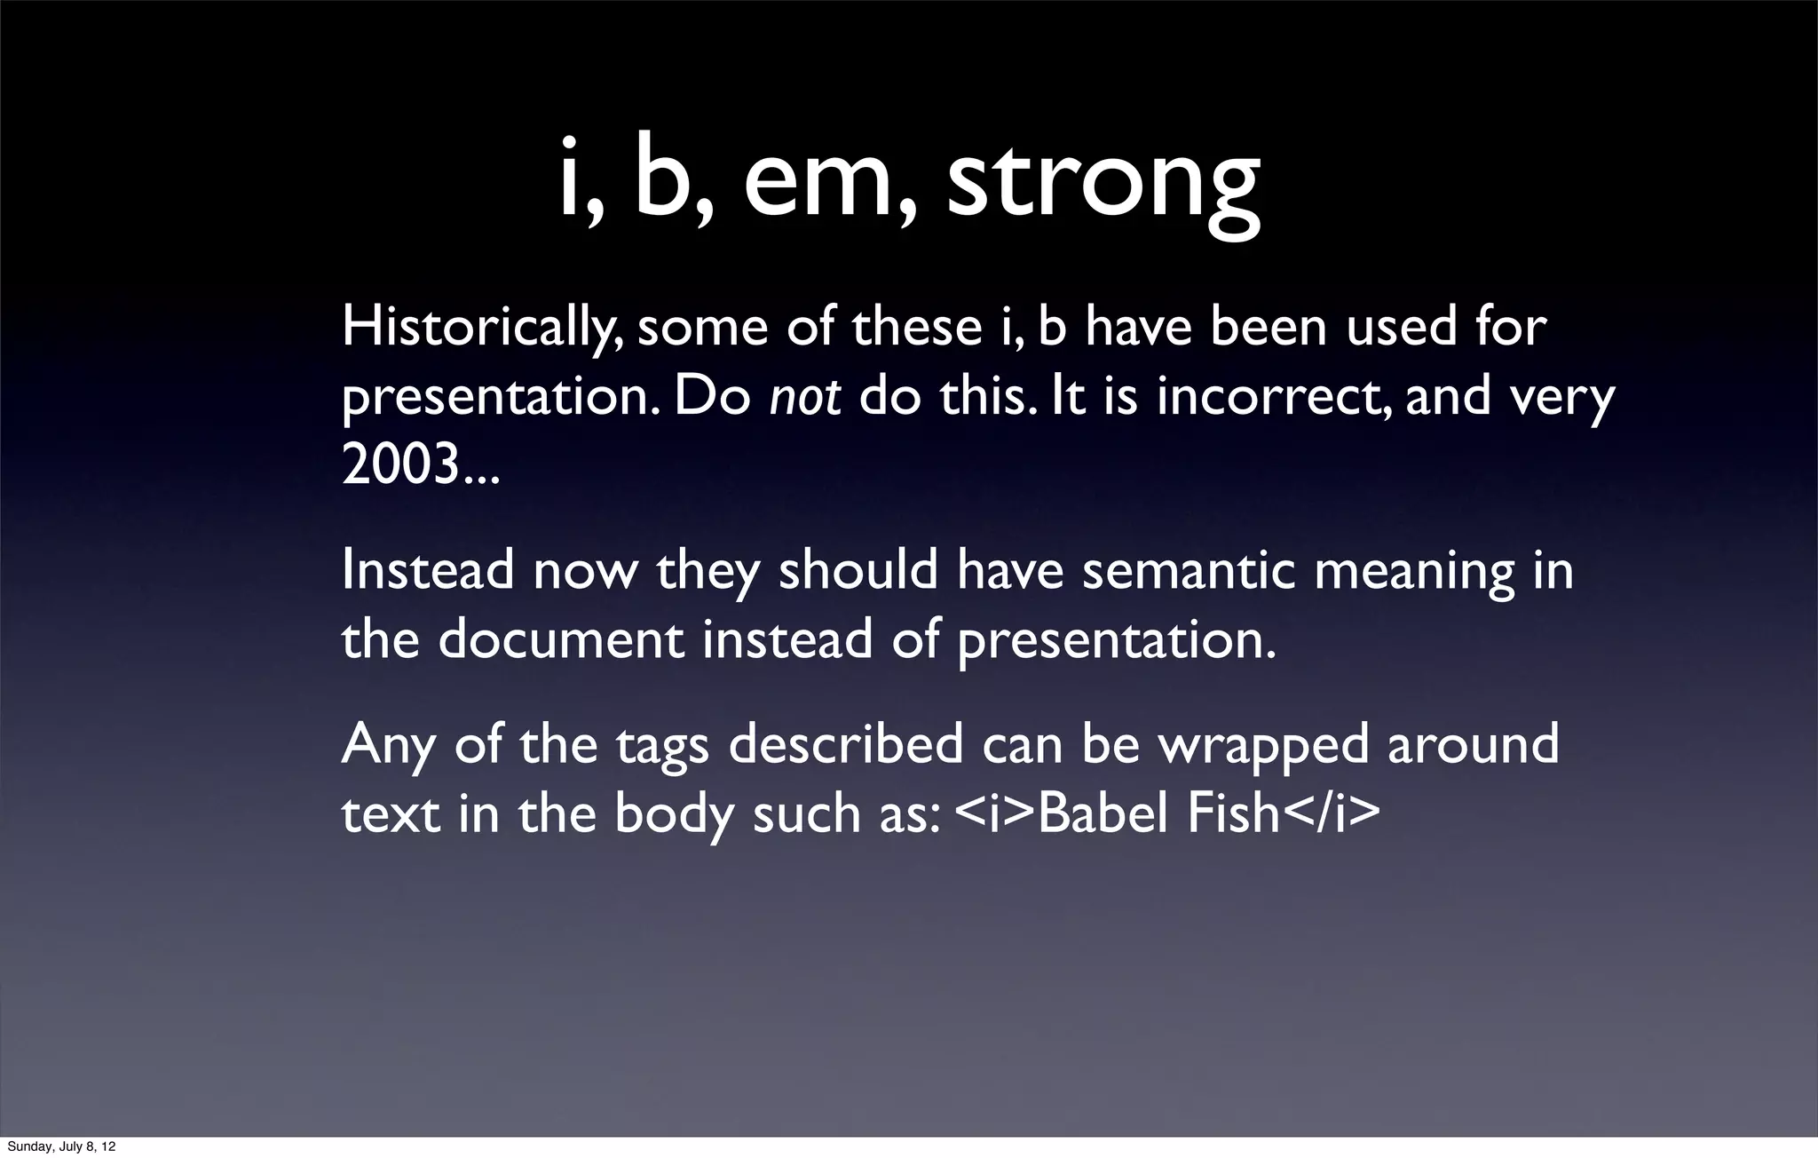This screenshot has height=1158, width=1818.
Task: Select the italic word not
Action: point(804,397)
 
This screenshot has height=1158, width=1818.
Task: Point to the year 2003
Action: point(401,464)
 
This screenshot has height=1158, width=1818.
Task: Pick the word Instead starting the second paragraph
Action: point(427,570)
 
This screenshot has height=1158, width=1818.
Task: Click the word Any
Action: point(388,746)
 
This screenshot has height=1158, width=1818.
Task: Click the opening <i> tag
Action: point(995,813)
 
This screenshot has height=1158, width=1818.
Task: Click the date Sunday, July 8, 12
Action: point(60,1147)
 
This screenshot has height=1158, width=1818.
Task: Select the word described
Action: point(845,744)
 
